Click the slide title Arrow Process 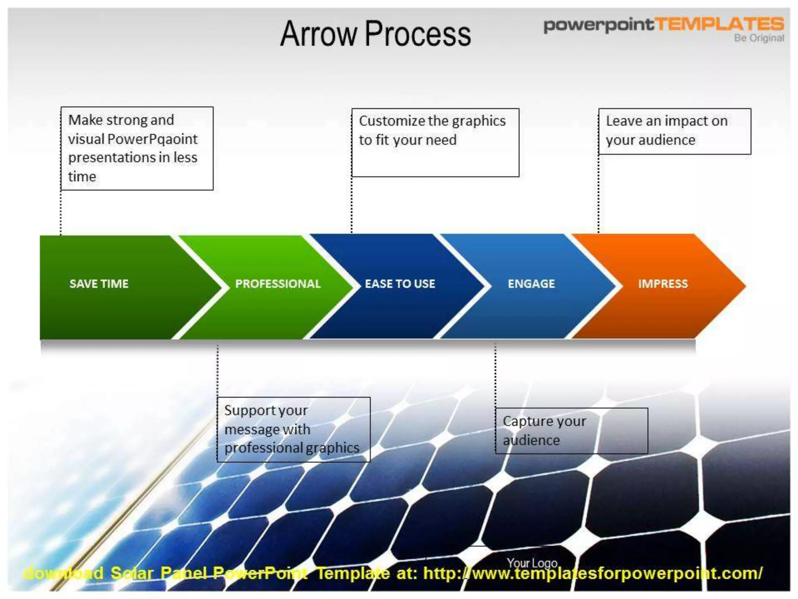tap(375, 34)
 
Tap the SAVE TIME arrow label tap(99, 284)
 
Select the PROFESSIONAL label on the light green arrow tap(278, 284)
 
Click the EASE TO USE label tap(400, 284)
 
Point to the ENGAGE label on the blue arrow tap(531, 284)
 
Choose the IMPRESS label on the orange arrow tap(663, 284)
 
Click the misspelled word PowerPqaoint tap(152, 139)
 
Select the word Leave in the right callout tap(623, 121)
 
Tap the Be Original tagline tap(759, 38)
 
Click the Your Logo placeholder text tap(532, 563)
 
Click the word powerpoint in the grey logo tap(598, 25)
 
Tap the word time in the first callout tap(82, 177)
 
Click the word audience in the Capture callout tap(531, 440)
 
